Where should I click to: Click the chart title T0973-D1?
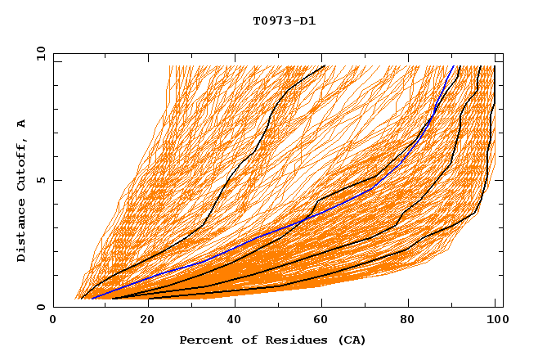click(284, 21)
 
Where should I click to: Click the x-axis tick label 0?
click(54, 321)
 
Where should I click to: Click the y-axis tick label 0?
click(41, 308)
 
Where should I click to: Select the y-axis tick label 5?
click(41, 181)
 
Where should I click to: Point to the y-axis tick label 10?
click(38, 54)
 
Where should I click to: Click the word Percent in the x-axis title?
click(204, 340)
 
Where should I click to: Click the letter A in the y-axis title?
click(22, 124)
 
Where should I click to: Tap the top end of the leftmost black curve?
click(325, 65)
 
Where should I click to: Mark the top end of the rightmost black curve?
click(495, 65)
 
